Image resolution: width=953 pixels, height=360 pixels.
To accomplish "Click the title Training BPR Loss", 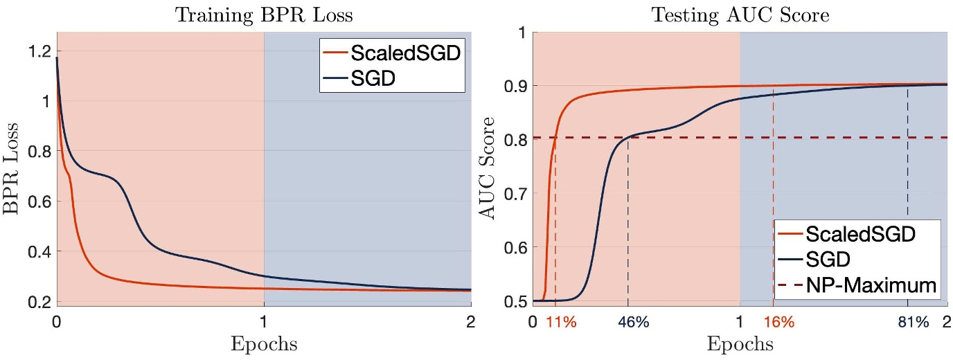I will pos(263,13).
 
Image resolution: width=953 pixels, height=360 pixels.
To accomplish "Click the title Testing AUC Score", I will pos(740,13).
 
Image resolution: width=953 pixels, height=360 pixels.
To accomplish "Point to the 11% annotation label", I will pos(561,322).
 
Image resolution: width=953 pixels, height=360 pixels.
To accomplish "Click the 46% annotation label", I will pos(628,322).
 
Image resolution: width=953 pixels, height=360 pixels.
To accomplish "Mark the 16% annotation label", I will pos(778,322).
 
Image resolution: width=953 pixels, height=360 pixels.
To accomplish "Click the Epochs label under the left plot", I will pos(263,344).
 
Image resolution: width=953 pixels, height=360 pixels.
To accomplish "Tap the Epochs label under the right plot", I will pos(740,344).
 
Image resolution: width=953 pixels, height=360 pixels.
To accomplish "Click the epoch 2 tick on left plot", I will pos(470,322).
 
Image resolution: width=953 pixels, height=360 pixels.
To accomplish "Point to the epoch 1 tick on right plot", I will pos(740,322).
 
